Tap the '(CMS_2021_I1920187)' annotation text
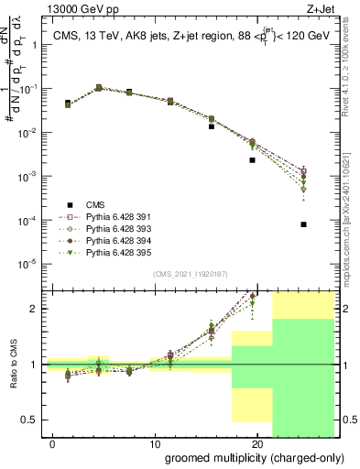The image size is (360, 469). coord(190,274)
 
